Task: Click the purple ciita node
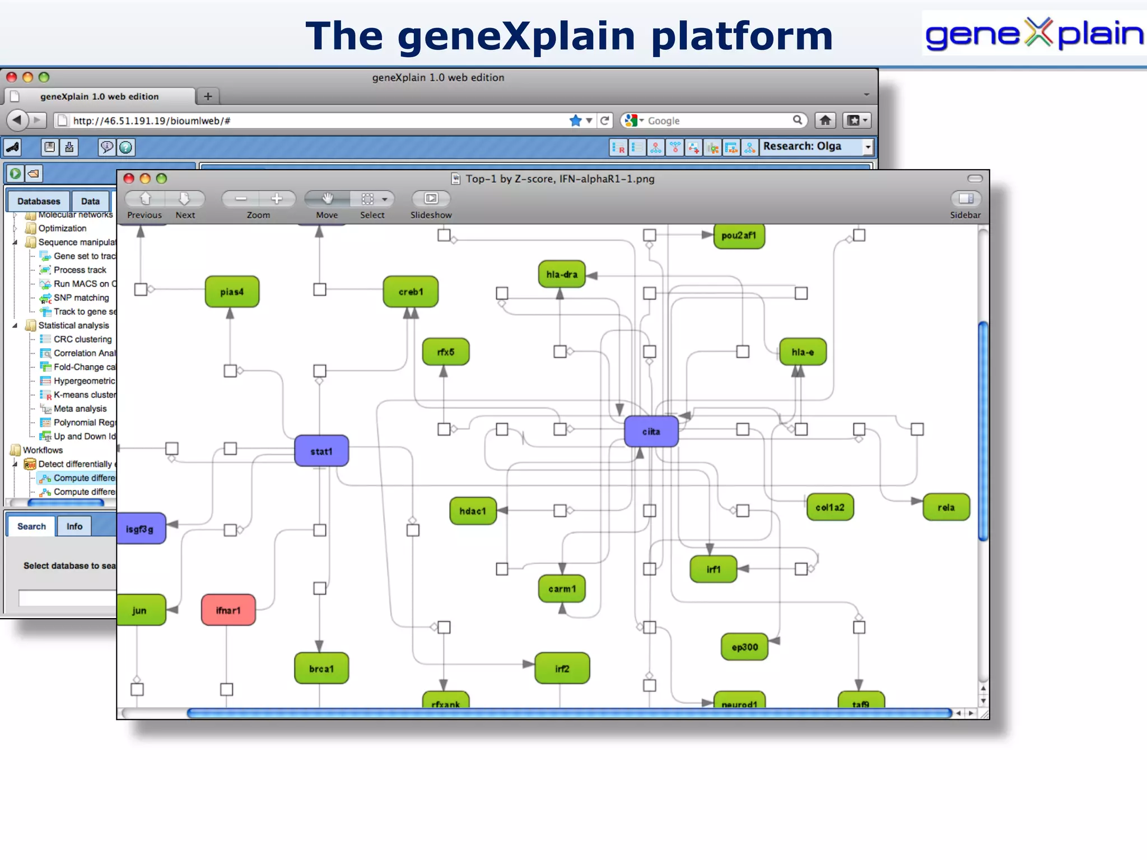(x=651, y=432)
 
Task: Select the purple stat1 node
(x=321, y=451)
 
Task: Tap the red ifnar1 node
(x=228, y=610)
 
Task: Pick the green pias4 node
(x=232, y=292)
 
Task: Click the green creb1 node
(x=411, y=292)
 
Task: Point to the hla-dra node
(x=562, y=274)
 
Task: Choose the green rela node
(x=946, y=507)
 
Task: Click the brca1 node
(x=321, y=669)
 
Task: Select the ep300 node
(x=744, y=647)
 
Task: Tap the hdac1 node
(x=473, y=511)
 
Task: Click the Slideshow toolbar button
(x=431, y=199)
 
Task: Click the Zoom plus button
(x=277, y=199)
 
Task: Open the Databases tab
(x=39, y=201)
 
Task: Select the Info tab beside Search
(x=74, y=526)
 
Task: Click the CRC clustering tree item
(x=82, y=339)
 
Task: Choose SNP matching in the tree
(x=81, y=298)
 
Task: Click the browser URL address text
(x=151, y=121)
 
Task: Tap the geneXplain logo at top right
(x=1034, y=34)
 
